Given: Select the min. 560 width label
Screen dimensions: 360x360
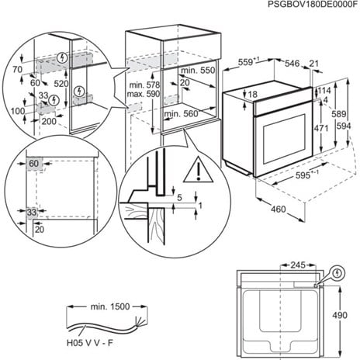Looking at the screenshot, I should [180, 114].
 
